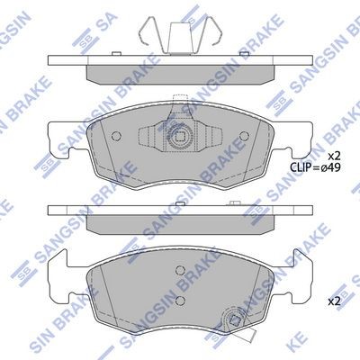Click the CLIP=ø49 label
[x=315, y=167]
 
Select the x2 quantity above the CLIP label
[x=333, y=156]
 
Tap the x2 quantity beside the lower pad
[x=333, y=301]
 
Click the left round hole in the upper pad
[x=116, y=136]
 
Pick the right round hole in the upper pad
[x=245, y=136]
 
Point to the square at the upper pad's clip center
[x=180, y=137]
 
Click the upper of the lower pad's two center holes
[x=180, y=271]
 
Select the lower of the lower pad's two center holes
[x=180, y=300]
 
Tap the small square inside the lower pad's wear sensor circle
[x=232, y=319]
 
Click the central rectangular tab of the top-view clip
[x=180, y=39]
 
